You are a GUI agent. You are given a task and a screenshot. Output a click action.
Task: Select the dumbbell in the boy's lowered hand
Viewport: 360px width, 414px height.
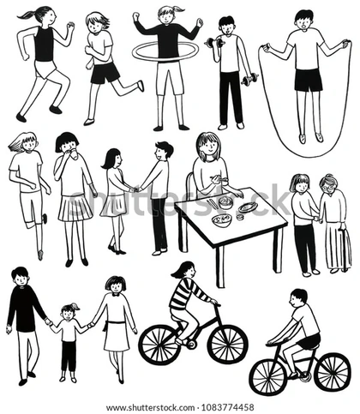pyautogui.click(x=249, y=79)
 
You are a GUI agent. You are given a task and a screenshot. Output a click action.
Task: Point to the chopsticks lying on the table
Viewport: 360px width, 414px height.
pyautogui.click(x=213, y=203)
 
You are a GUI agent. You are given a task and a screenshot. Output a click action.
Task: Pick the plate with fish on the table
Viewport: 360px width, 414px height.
pyautogui.click(x=248, y=207)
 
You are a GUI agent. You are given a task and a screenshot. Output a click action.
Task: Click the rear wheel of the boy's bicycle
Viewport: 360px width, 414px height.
pyautogui.click(x=332, y=372)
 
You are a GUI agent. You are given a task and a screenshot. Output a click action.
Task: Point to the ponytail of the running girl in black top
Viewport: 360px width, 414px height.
pyautogui.click(x=29, y=15)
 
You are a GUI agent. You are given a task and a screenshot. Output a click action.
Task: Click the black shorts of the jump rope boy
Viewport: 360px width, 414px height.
pyautogui.click(x=309, y=79)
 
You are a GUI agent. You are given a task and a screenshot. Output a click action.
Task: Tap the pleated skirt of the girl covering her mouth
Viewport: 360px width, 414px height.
pyautogui.click(x=75, y=208)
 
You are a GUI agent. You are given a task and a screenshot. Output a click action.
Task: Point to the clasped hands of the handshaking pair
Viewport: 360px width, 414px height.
pyautogui.click(x=135, y=189)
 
